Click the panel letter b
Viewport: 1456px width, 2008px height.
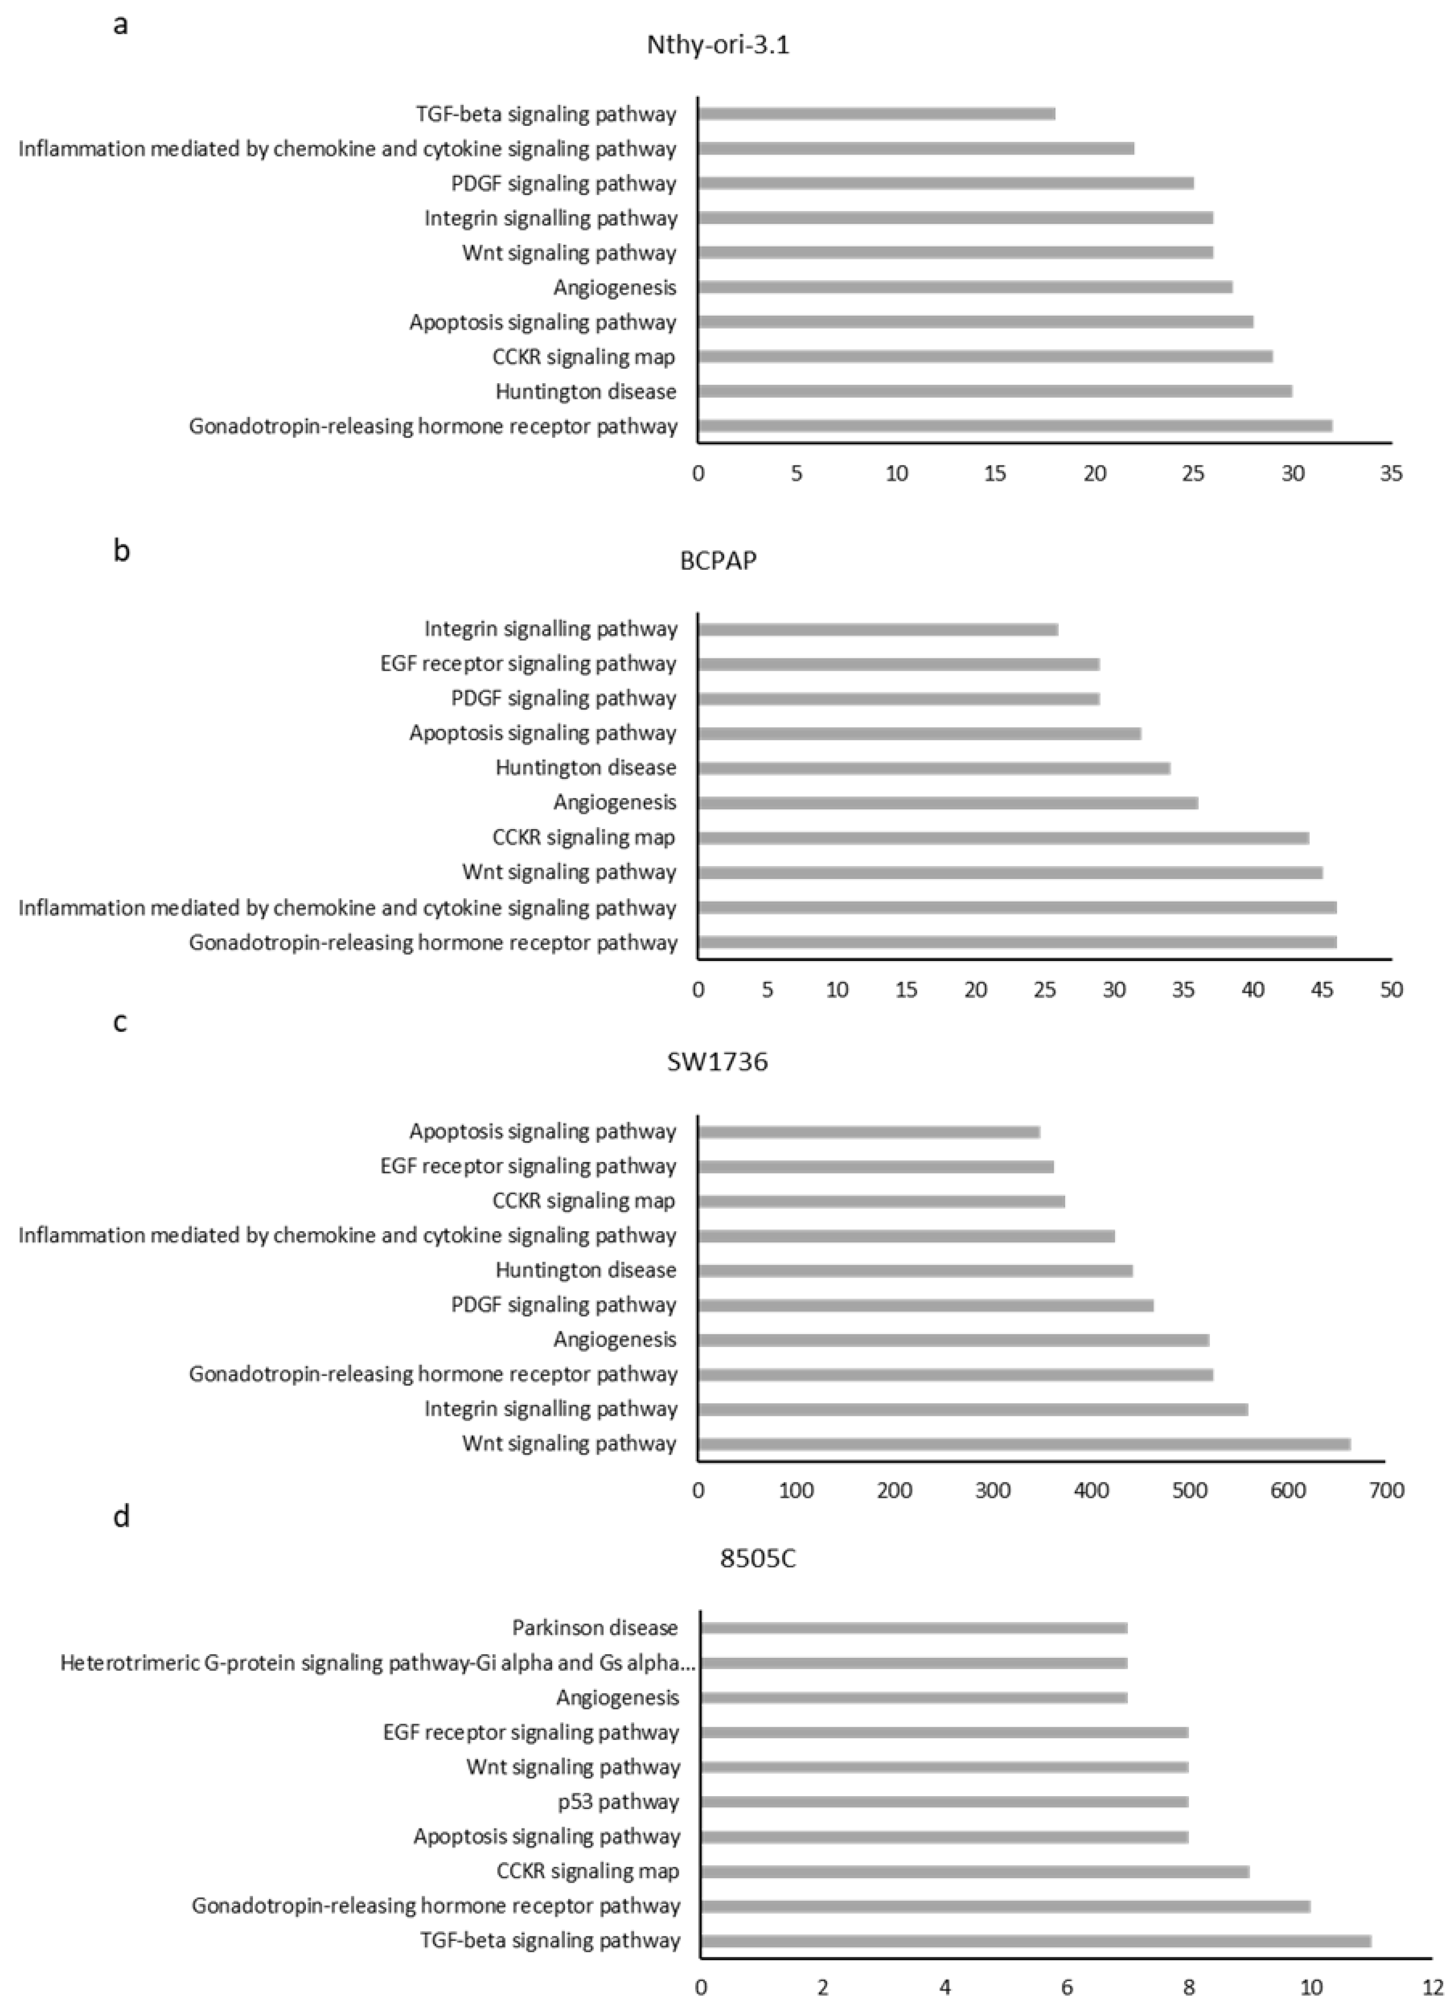pos(122,551)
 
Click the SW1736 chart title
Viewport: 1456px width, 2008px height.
pos(717,1062)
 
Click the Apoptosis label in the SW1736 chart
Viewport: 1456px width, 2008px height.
pos(542,1131)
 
